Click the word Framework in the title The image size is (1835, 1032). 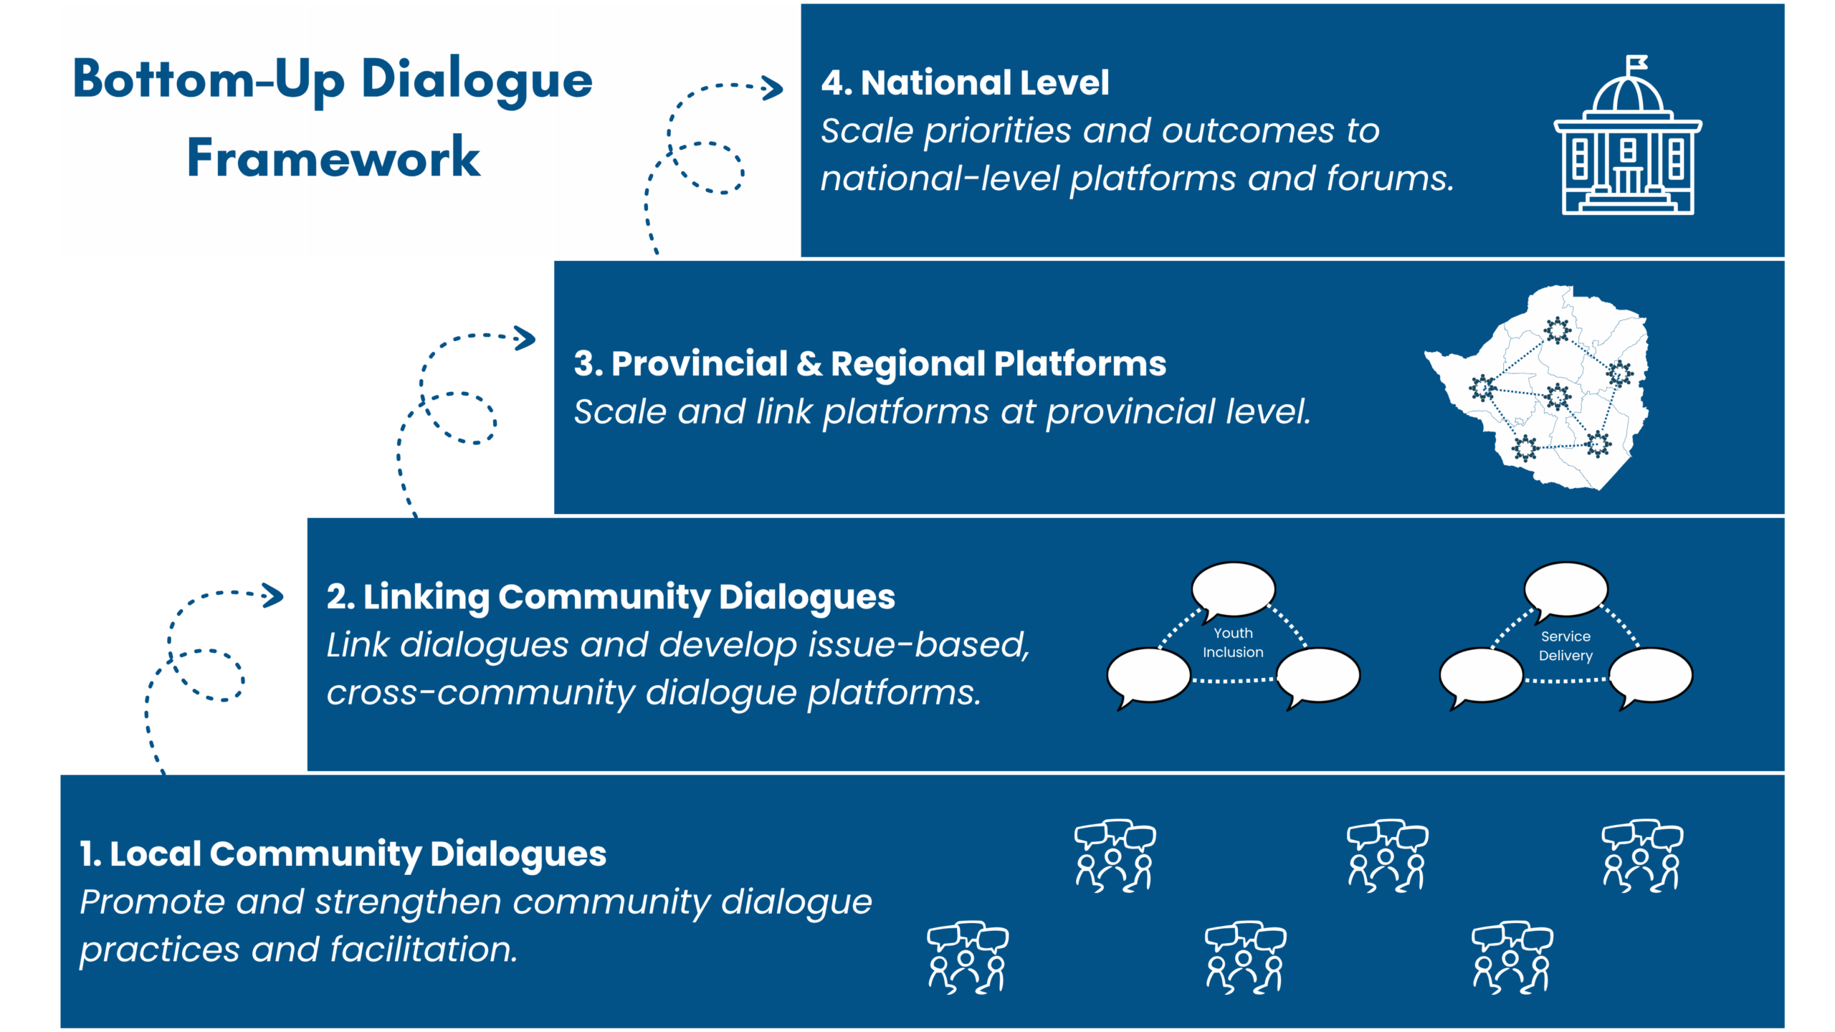(x=333, y=158)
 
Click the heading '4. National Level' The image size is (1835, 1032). (x=965, y=83)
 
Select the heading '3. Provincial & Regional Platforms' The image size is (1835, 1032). (x=869, y=364)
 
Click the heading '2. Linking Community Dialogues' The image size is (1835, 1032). (x=611, y=597)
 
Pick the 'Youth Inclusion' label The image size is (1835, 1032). (x=1233, y=643)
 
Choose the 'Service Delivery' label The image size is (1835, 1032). (x=1565, y=646)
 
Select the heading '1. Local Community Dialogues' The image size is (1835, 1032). (x=343, y=854)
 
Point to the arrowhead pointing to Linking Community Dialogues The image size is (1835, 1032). (x=273, y=596)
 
